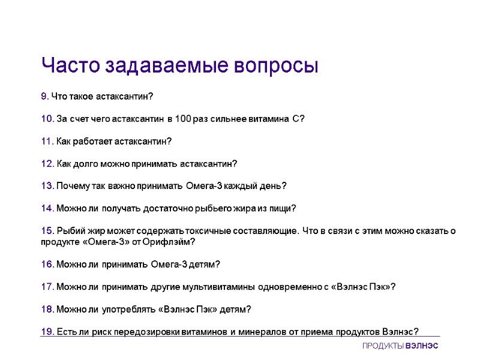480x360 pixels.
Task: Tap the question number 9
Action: coord(44,96)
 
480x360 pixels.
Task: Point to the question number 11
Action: coord(47,142)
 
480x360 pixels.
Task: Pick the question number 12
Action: coord(47,164)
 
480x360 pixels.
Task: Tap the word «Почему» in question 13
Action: coord(73,186)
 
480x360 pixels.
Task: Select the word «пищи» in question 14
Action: coord(283,209)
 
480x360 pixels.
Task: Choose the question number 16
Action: coord(47,264)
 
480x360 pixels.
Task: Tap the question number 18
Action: coord(47,309)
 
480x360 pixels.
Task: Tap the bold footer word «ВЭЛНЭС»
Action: coord(422,347)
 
